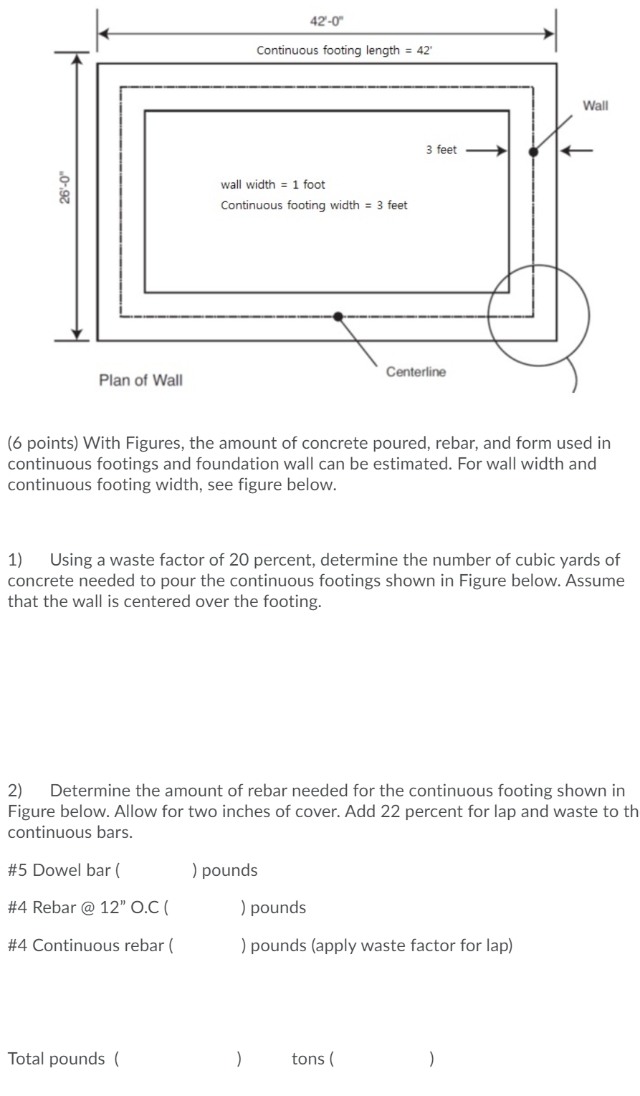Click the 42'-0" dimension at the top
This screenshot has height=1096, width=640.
point(325,19)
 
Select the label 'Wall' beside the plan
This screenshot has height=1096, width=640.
point(595,106)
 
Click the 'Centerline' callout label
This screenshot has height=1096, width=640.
point(416,371)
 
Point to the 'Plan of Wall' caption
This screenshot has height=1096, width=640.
point(140,380)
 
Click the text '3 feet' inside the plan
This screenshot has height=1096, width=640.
point(441,151)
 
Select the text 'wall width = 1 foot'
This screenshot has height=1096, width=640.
point(273,185)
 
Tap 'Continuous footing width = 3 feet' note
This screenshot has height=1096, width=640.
point(314,206)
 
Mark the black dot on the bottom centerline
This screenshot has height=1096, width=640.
point(338,315)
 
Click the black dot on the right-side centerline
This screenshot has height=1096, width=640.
point(532,151)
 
